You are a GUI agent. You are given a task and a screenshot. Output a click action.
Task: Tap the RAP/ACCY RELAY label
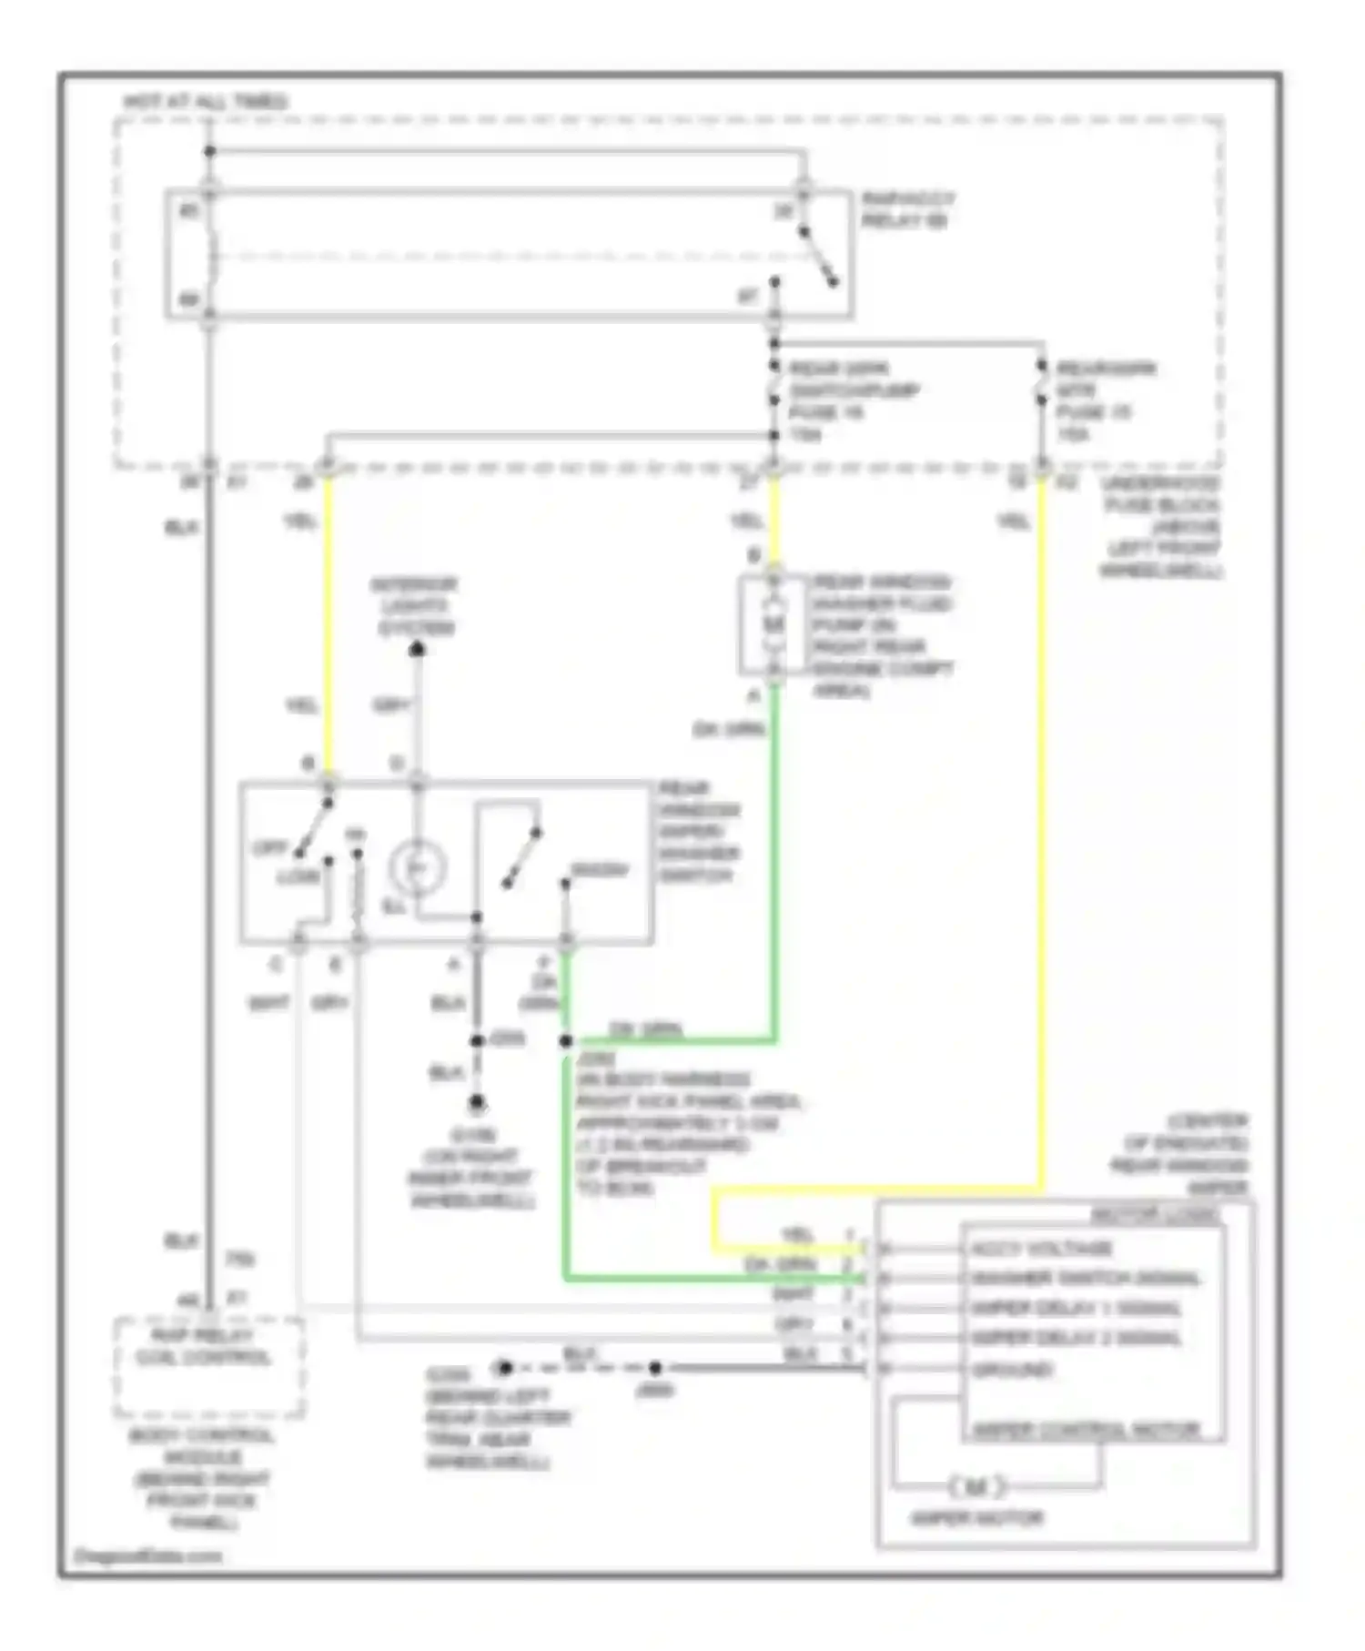click(907, 209)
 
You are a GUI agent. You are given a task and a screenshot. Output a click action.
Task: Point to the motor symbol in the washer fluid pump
click(773, 625)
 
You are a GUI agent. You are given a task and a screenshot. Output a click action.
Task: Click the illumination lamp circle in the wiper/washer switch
click(417, 867)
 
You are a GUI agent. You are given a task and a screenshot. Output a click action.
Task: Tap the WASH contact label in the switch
click(600, 870)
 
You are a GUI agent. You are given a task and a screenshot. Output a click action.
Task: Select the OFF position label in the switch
click(269, 848)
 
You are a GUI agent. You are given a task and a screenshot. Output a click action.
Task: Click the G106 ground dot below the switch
click(477, 1104)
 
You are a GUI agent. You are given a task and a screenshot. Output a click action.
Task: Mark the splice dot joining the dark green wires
click(566, 1040)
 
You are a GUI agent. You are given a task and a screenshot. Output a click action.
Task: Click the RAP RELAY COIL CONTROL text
click(204, 1347)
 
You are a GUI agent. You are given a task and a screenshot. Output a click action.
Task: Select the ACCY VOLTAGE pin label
click(1041, 1249)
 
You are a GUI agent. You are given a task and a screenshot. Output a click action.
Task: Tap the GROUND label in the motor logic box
click(1012, 1369)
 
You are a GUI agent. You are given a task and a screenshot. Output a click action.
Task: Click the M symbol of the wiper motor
click(976, 1487)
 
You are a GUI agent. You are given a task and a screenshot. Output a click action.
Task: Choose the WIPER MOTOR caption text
click(976, 1517)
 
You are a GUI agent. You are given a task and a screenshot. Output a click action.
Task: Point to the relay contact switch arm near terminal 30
click(818, 258)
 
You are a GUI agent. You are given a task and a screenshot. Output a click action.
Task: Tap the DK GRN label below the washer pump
click(729, 729)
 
